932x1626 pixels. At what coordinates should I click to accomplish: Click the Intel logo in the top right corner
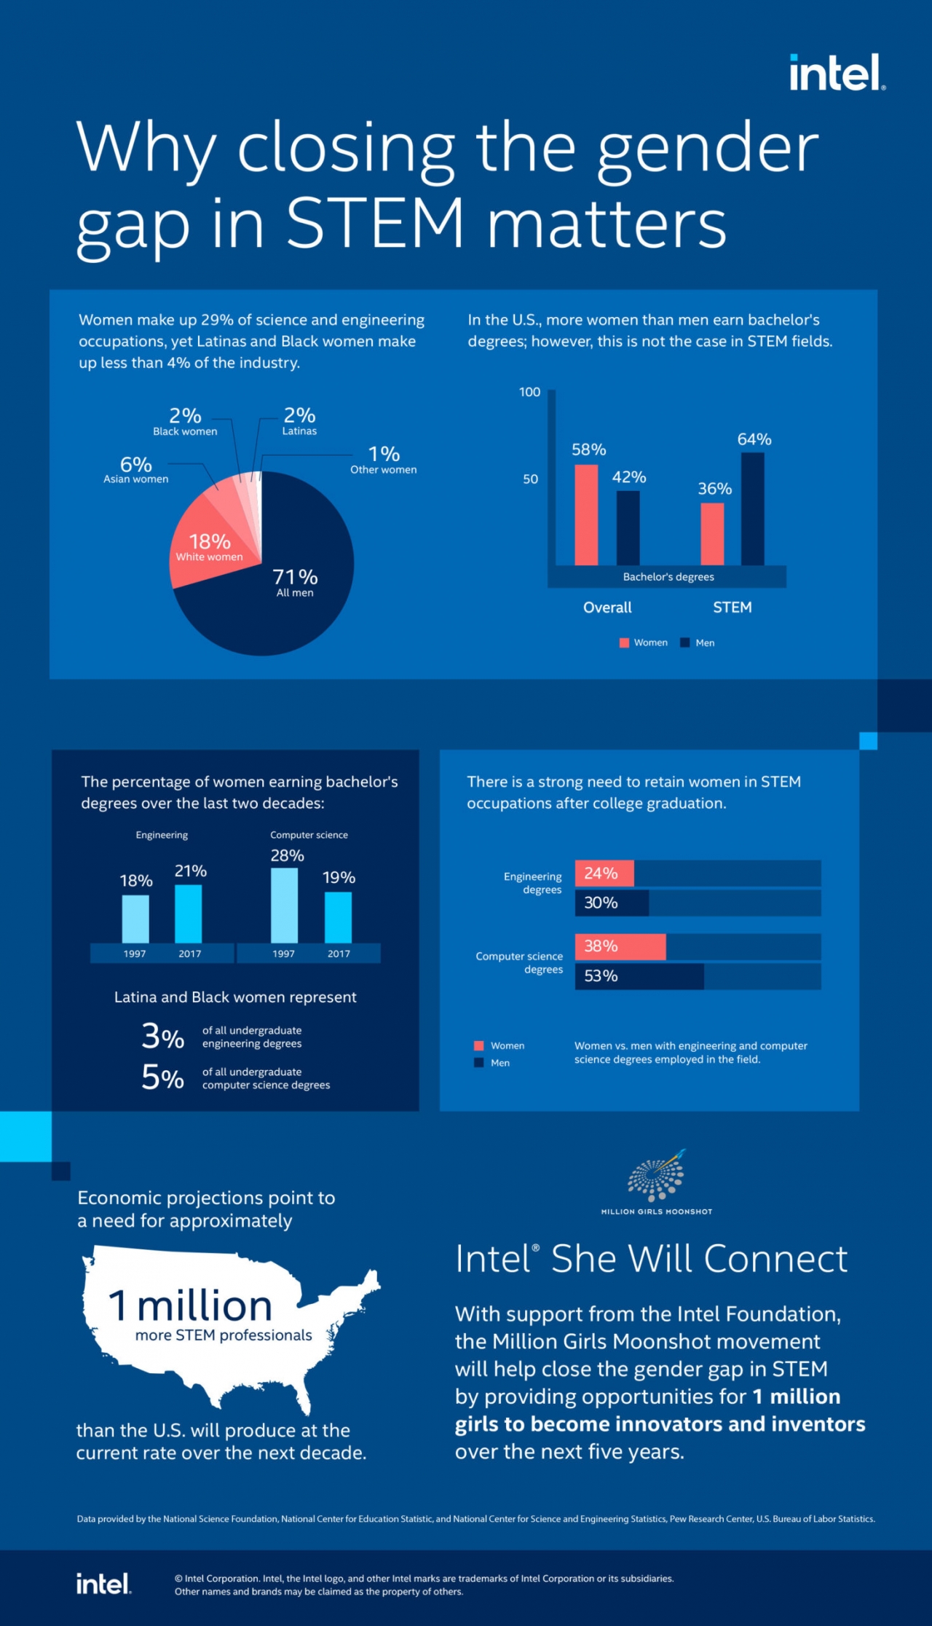click(x=837, y=73)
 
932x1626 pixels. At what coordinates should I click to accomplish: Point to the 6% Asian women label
click(x=136, y=469)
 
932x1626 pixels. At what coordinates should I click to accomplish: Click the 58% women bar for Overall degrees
click(x=586, y=514)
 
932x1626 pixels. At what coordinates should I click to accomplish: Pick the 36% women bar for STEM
click(x=712, y=533)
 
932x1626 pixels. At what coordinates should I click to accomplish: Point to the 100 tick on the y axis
click(x=529, y=392)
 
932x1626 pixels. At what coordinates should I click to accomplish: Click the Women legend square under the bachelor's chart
click(x=624, y=643)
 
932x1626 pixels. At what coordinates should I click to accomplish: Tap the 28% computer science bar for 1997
click(x=284, y=905)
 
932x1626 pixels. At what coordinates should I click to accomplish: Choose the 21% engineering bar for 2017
click(x=189, y=914)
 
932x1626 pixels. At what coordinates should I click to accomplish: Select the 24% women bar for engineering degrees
click(x=604, y=873)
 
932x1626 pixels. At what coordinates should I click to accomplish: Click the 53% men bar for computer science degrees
click(x=639, y=976)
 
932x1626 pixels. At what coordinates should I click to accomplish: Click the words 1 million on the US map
click(x=191, y=1305)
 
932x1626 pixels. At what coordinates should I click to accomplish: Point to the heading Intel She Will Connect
click(x=651, y=1259)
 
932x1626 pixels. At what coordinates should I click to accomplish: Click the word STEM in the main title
click(x=376, y=222)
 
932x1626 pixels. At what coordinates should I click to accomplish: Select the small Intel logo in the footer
click(x=103, y=1583)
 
